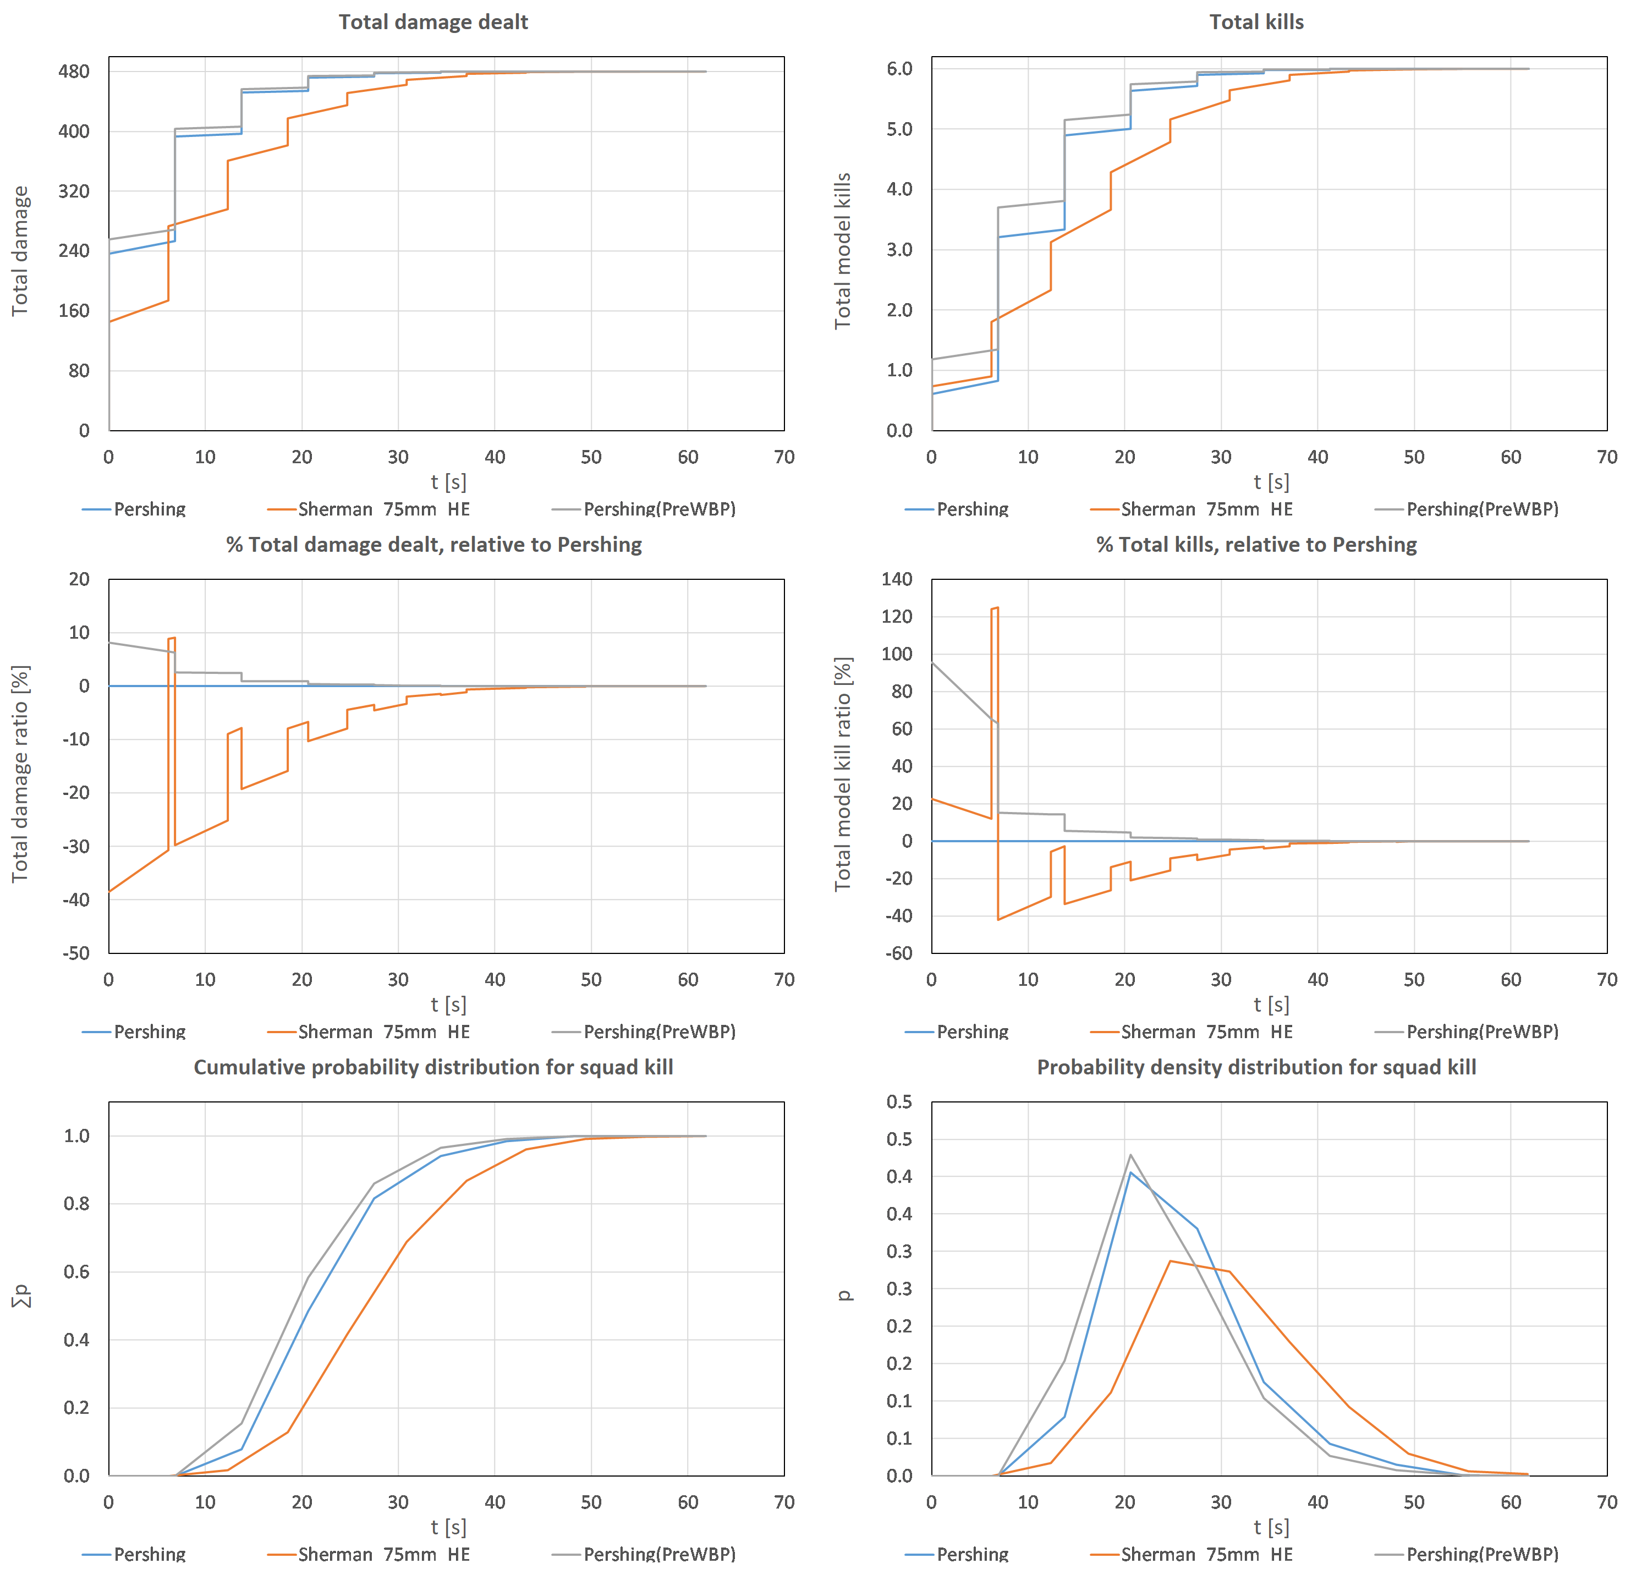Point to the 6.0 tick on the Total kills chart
[x=899, y=69]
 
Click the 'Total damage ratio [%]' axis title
[x=20, y=773]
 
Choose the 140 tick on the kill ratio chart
[x=896, y=579]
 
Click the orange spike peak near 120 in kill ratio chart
[x=995, y=608]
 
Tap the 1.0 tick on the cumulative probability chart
[x=77, y=1136]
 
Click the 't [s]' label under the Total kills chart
[x=1271, y=482]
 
